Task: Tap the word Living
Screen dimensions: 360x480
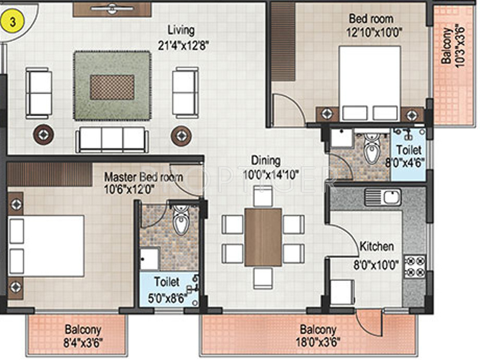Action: pyautogui.click(x=181, y=30)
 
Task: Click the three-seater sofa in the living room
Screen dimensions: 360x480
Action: pyautogui.click(x=111, y=139)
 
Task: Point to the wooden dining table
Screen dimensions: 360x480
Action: pyautogui.click(x=262, y=236)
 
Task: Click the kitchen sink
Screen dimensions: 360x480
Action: pyautogui.click(x=391, y=196)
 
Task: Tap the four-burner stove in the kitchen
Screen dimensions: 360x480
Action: pyautogui.click(x=415, y=267)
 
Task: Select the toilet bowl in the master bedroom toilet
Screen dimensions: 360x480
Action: pyautogui.click(x=180, y=222)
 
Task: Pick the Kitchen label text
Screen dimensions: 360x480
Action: pyautogui.click(x=377, y=247)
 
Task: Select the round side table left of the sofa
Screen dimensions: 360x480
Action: pyautogui.click(x=43, y=134)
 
